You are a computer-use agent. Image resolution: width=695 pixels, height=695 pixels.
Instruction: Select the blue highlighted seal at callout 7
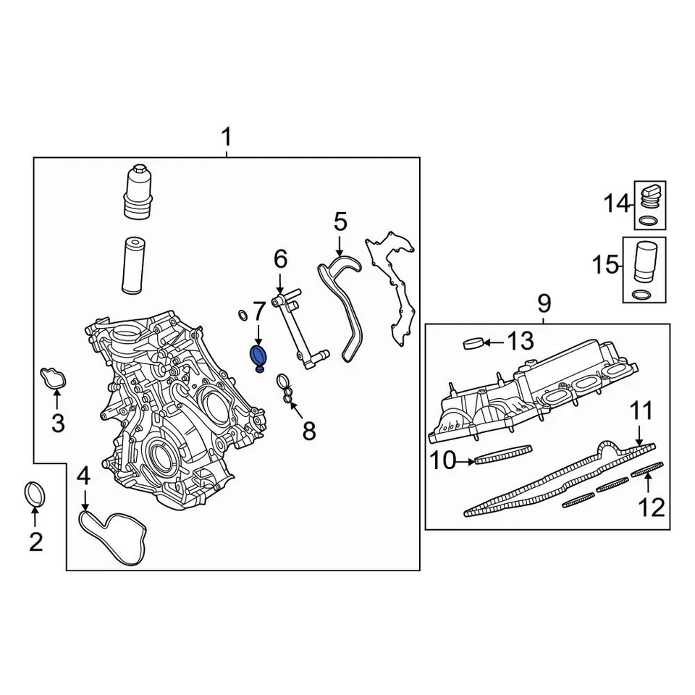tap(258, 355)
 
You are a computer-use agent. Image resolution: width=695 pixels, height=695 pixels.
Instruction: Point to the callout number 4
tap(84, 476)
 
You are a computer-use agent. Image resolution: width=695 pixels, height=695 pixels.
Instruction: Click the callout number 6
tap(280, 258)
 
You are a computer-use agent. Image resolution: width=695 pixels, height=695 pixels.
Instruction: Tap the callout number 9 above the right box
tap(544, 303)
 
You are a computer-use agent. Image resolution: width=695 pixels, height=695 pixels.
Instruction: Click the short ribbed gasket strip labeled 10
tap(504, 454)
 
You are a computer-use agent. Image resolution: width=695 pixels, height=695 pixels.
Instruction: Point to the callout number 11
tap(640, 413)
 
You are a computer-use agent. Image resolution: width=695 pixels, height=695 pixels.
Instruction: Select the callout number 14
tap(618, 205)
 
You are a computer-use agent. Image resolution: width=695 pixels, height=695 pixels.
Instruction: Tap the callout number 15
tap(605, 265)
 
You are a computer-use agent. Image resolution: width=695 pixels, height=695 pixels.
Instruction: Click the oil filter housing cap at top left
tap(136, 193)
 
